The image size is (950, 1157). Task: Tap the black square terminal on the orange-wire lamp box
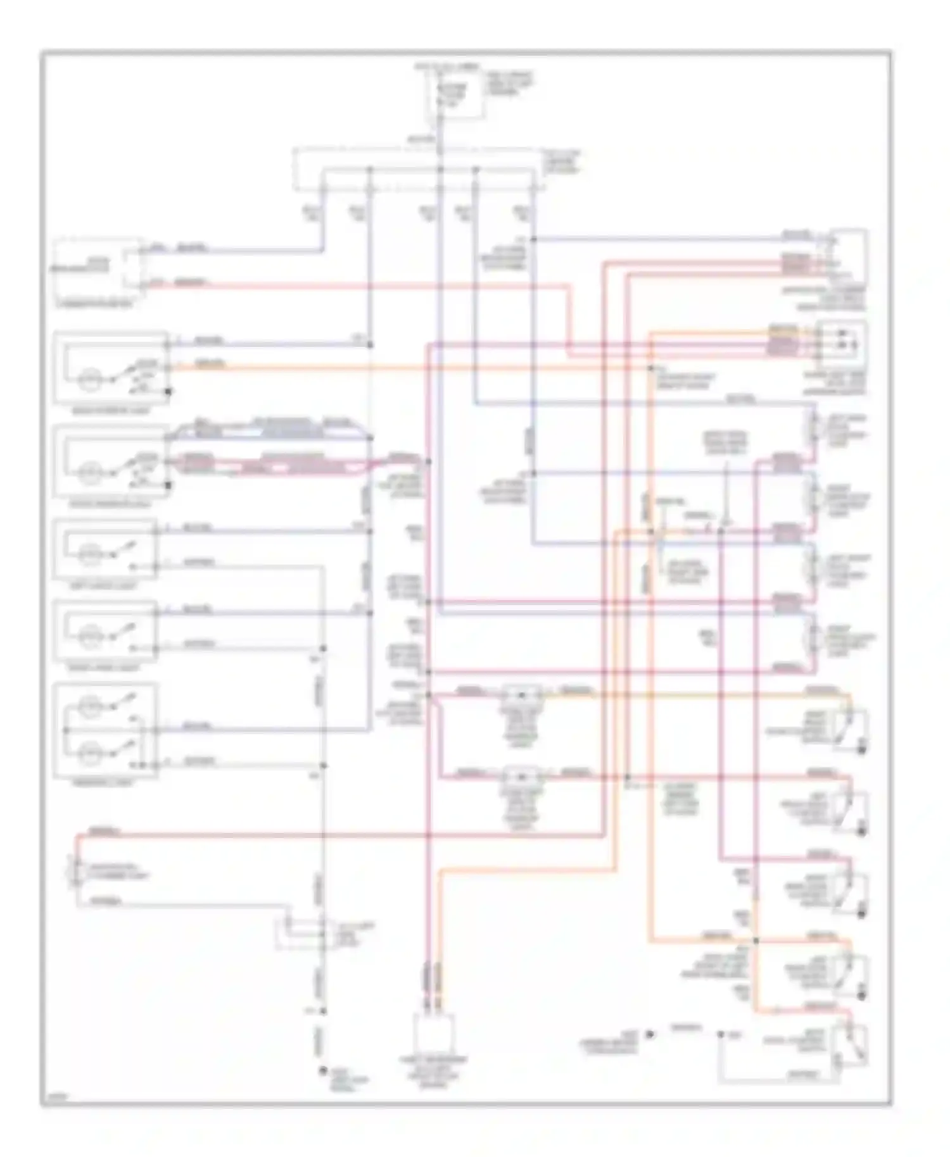[x=168, y=392]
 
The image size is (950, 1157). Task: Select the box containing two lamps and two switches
[x=106, y=730]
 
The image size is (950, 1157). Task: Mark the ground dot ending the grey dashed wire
[x=323, y=1071]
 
